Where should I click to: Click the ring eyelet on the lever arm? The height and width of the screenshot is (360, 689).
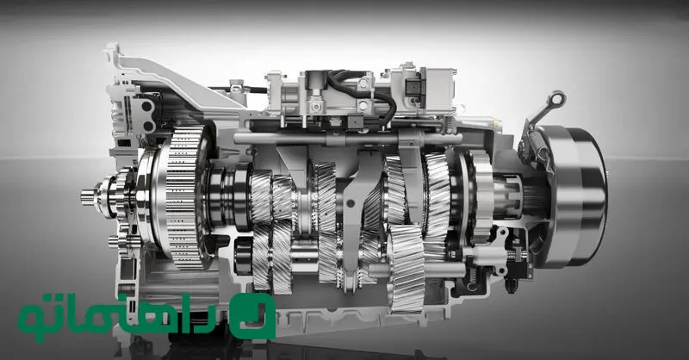pyautogui.click(x=557, y=98)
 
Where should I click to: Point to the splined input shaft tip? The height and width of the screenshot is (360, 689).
pyautogui.click(x=88, y=197)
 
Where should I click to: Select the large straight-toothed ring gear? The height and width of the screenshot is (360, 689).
pyautogui.click(x=183, y=196)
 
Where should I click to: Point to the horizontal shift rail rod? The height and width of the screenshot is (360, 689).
pyautogui.click(x=347, y=139)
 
